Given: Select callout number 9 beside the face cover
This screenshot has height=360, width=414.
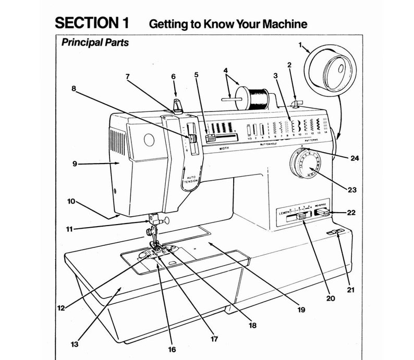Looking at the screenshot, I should tap(75, 164).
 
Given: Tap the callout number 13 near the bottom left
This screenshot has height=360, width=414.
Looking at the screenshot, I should tap(75, 344).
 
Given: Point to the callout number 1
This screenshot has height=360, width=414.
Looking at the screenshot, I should tap(300, 46).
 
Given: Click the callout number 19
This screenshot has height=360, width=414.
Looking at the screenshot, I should tap(301, 310).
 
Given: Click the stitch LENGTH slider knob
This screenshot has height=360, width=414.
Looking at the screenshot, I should tap(301, 217).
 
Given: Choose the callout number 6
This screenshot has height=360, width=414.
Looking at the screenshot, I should tap(174, 77).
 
